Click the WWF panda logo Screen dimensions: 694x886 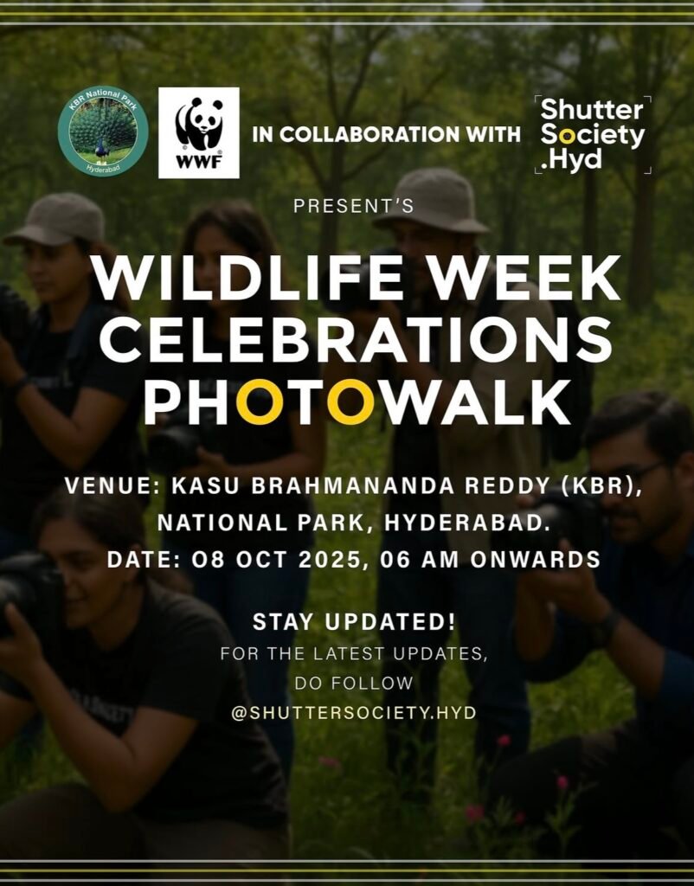tap(199, 132)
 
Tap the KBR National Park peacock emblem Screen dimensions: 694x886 tap(103, 132)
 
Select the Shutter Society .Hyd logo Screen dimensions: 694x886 tap(593, 134)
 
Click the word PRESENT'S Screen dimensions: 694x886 tap(354, 206)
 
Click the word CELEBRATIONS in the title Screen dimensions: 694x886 tap(356, 338)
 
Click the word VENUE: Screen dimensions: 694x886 tap(106, 486)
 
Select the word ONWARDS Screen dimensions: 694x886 tap(535, 560)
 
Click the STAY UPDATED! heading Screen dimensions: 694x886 tap(354, 622)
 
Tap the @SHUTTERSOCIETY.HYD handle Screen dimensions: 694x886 tap(354, 713)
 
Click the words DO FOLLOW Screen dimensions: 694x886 tap(354, 684)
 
